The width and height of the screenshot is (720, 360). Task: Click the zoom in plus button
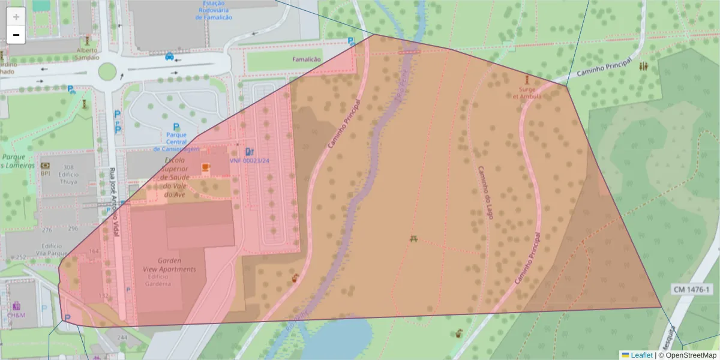16,17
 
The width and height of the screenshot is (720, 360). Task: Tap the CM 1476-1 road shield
691,290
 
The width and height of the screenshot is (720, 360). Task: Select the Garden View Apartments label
176,265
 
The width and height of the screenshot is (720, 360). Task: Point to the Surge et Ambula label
527,92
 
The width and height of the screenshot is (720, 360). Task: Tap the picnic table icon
414,239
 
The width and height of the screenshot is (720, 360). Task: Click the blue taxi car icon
170,57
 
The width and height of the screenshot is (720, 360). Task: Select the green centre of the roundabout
107,71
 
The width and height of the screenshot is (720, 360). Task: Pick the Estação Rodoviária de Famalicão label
214,10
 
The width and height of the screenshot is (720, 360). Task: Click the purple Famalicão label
307,60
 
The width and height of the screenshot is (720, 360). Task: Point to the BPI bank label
45,173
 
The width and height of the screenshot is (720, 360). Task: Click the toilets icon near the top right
644,66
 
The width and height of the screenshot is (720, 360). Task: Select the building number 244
122,338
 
